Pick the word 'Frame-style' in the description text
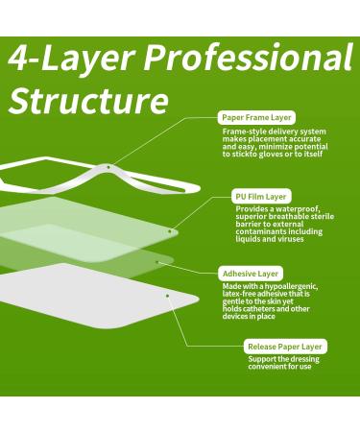point(241,131)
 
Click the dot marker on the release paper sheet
point(169,297)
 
